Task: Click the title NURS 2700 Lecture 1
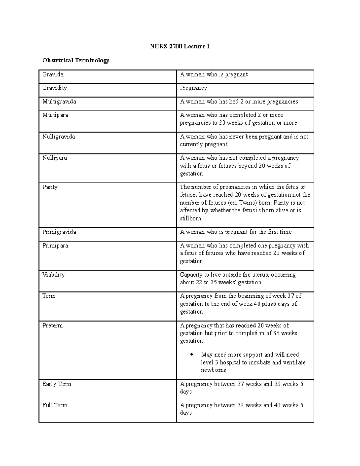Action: point(180,46)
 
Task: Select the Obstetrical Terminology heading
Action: point(76,60)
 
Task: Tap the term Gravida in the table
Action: point(53,74)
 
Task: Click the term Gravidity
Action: point(55,88)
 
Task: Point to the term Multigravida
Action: point(59,101)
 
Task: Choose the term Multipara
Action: point(55,115)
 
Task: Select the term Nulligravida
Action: point(58,137)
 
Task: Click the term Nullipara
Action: point(55,158)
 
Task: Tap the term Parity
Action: point(50,187)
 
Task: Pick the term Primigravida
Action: point(59,232)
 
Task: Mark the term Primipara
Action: point(55,245)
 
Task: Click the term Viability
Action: point(53,275)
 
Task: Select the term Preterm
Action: point(52,326)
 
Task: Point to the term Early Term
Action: point(57,384)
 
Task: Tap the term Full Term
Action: point(55,405)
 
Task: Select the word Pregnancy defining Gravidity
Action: point(193,88)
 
